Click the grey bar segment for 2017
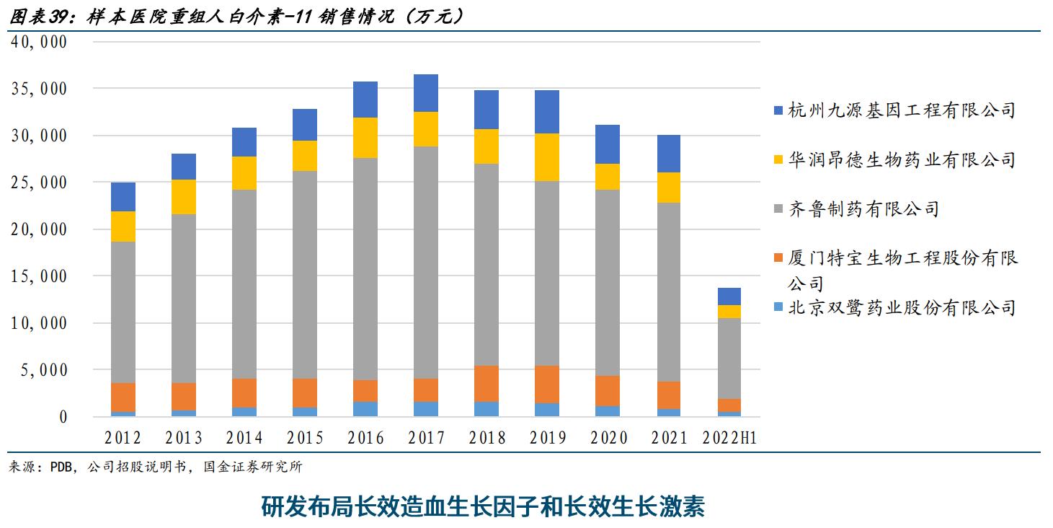click(x=426, y=263)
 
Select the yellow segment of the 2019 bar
click(x=547, y=157)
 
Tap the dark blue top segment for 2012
click(x=123, y=197)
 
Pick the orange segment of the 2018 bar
click(x=486, y=384)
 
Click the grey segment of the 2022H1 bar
click(x=729, y=358)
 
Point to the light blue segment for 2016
click(x=365, y=409)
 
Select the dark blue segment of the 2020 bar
click(x=608, y=144)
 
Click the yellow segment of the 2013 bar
click(x=184, y=197)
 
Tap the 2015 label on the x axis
click(x=305, y=438)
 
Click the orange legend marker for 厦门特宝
click(x=778, y=259)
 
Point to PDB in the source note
click(x=62, y=467)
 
